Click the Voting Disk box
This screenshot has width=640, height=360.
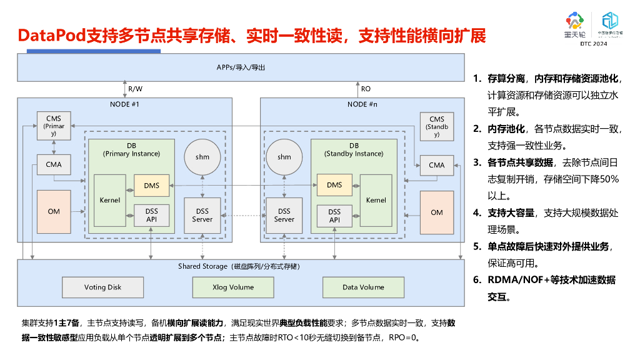pos(103,287)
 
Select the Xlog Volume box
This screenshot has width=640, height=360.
pos(233,287)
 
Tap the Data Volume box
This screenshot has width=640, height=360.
pos(363,287)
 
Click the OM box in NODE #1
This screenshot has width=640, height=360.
pos(54,212)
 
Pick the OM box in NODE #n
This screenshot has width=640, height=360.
pos(437,212)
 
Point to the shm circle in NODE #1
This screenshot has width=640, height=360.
pos(202,157)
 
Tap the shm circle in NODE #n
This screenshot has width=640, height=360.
pos(284,157)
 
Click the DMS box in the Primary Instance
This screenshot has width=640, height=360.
pos(152,185)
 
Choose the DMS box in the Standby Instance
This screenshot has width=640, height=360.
pos(334,185)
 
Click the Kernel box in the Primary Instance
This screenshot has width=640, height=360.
pos(110,201)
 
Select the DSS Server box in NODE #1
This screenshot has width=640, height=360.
pos(202,216)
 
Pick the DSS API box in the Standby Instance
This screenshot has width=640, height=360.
pos(334,216)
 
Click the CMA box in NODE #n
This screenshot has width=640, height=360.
pos(437,165)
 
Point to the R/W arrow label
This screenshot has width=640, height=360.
pos(135,89)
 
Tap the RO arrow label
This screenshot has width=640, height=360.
pos(366,89)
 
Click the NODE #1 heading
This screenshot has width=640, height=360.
pos(124,104)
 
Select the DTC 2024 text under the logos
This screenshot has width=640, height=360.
pos(593,44)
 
